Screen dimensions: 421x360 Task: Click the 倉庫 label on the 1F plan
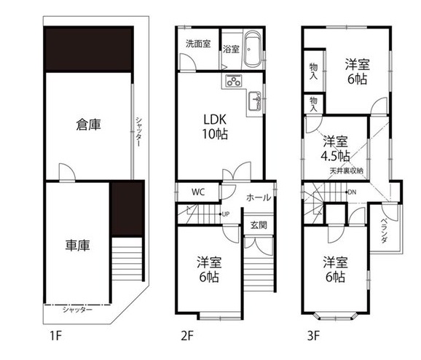tap(88, 125)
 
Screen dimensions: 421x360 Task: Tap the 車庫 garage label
tap(78, 246)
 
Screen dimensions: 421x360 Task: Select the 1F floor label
tap(56, 336)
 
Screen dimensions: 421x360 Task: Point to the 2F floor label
tap(187, 336)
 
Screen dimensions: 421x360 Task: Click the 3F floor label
tap(314, 336)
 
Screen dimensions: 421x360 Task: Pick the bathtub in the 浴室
tap(252, 50)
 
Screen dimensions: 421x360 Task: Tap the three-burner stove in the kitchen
tap(234, 81)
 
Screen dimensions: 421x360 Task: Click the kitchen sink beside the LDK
tap(254, 101)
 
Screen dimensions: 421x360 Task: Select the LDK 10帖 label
tap(215, 127)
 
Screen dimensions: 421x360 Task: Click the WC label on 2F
tap(198, 192)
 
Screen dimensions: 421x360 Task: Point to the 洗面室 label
tap(198, 44)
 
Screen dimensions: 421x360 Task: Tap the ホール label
tap(259, 197)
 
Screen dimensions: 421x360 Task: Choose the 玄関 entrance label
tap(259, 225)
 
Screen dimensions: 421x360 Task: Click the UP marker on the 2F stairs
tap(225, 214)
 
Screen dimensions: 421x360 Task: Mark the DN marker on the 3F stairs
tap(350, 192)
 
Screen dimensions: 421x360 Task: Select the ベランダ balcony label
tap(384, 230)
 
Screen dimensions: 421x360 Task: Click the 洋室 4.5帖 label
tap(335, 149)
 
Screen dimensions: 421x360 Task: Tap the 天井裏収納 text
tap(347, 171)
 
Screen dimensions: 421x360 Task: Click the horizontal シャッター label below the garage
tap(77, 310)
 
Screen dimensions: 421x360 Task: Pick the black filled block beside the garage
tap(127, 209)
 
